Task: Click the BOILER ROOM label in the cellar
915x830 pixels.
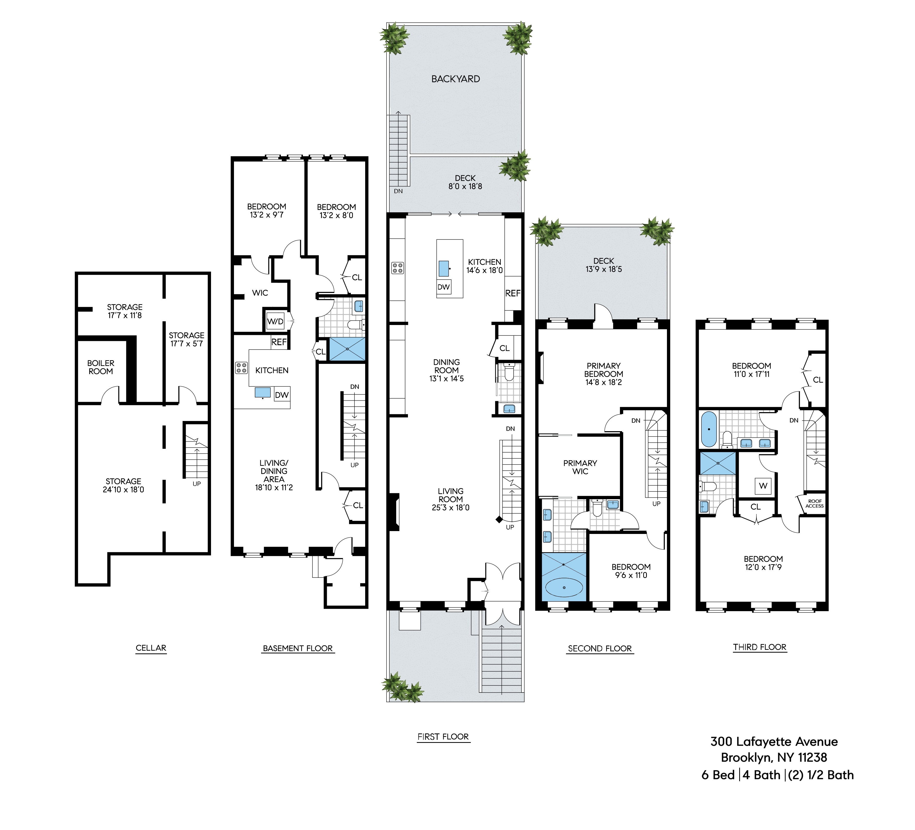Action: coord(101,367)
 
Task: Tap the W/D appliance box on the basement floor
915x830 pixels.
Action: coord(275,322)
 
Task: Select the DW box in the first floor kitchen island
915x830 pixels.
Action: coord(443,287)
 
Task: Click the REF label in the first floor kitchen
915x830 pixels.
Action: coord(513,293)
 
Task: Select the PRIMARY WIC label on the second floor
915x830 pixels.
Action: coord(580,467)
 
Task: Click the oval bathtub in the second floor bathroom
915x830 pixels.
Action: coord(564,587)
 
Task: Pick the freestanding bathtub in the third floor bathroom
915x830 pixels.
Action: coord(708,429)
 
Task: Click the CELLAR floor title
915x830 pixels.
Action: coord(151,648)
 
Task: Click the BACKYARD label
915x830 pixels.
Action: coord(456,79)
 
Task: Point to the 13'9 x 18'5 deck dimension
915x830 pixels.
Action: coord(604,269)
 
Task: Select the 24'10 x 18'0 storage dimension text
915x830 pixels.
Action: coord(123,489)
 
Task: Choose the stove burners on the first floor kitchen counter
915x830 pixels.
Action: coord(398,268)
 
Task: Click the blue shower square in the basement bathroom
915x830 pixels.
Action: coord(347,349)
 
